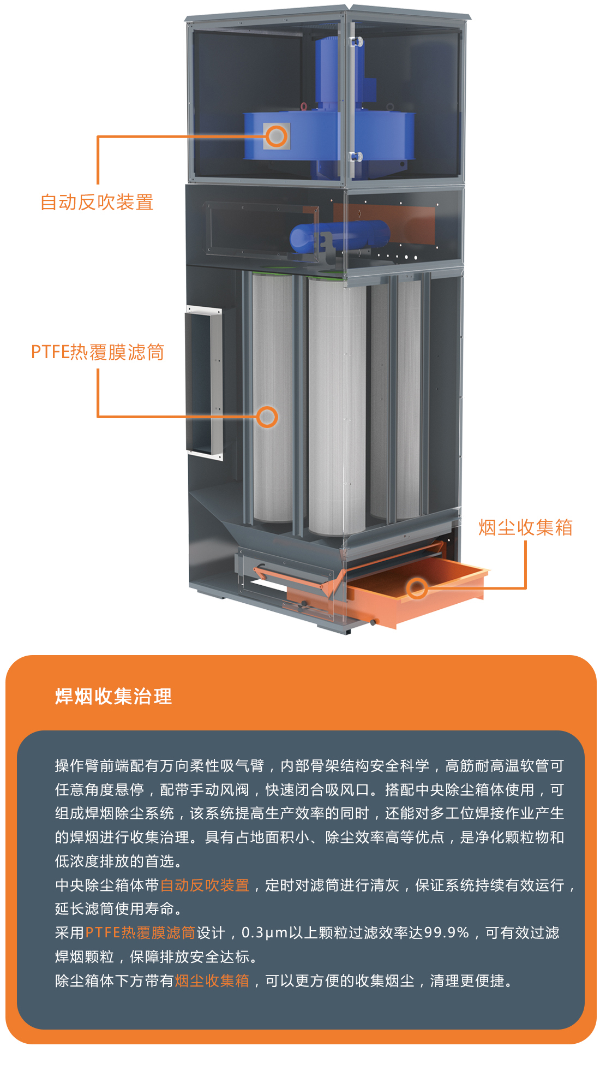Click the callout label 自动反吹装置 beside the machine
97,202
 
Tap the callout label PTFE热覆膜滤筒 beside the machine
98,352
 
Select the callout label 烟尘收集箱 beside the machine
525,527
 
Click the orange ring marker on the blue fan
277,136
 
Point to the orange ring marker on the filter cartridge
267,417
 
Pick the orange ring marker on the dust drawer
417,588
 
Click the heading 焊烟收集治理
113,697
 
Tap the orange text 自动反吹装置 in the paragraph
205,885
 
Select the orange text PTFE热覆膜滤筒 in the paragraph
140,932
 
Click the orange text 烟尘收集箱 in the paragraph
212,980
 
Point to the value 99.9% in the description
447,932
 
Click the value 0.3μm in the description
265,933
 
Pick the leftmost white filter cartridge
273,399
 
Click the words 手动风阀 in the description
219,789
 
